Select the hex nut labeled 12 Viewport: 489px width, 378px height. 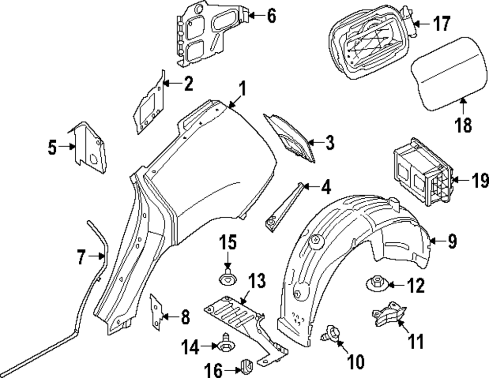coord(376,283)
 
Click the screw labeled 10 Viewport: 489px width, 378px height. coord(331,334)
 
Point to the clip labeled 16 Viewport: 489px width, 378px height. coord(246,365)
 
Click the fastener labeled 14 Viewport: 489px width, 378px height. coord(226,344)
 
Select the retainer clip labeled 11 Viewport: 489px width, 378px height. coord(386,313)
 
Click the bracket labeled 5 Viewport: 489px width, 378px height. coord(90,147)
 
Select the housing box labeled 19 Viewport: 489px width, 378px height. coord(423,176)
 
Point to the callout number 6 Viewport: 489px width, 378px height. coord(271,16)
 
